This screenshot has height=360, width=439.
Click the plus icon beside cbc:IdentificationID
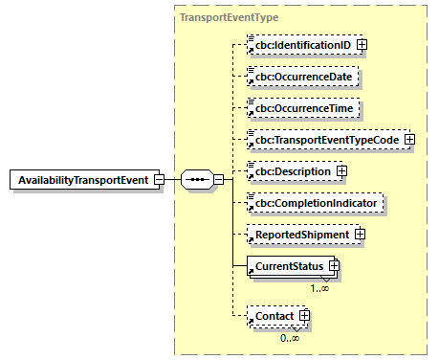(362, 45)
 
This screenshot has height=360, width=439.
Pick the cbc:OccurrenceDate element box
(307, 75)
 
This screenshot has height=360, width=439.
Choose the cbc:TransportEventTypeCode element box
(324, 139)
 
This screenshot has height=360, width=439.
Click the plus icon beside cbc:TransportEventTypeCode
(409, 139)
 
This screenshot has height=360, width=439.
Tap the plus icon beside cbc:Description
(340, 170)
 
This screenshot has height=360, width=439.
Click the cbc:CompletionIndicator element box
(315, 202)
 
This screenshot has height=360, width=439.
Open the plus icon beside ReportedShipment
(360, 233)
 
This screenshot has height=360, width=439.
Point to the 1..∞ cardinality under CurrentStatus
(320, 286)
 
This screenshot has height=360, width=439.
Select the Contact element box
(271, 315)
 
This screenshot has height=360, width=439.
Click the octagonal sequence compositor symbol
(198, 179)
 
